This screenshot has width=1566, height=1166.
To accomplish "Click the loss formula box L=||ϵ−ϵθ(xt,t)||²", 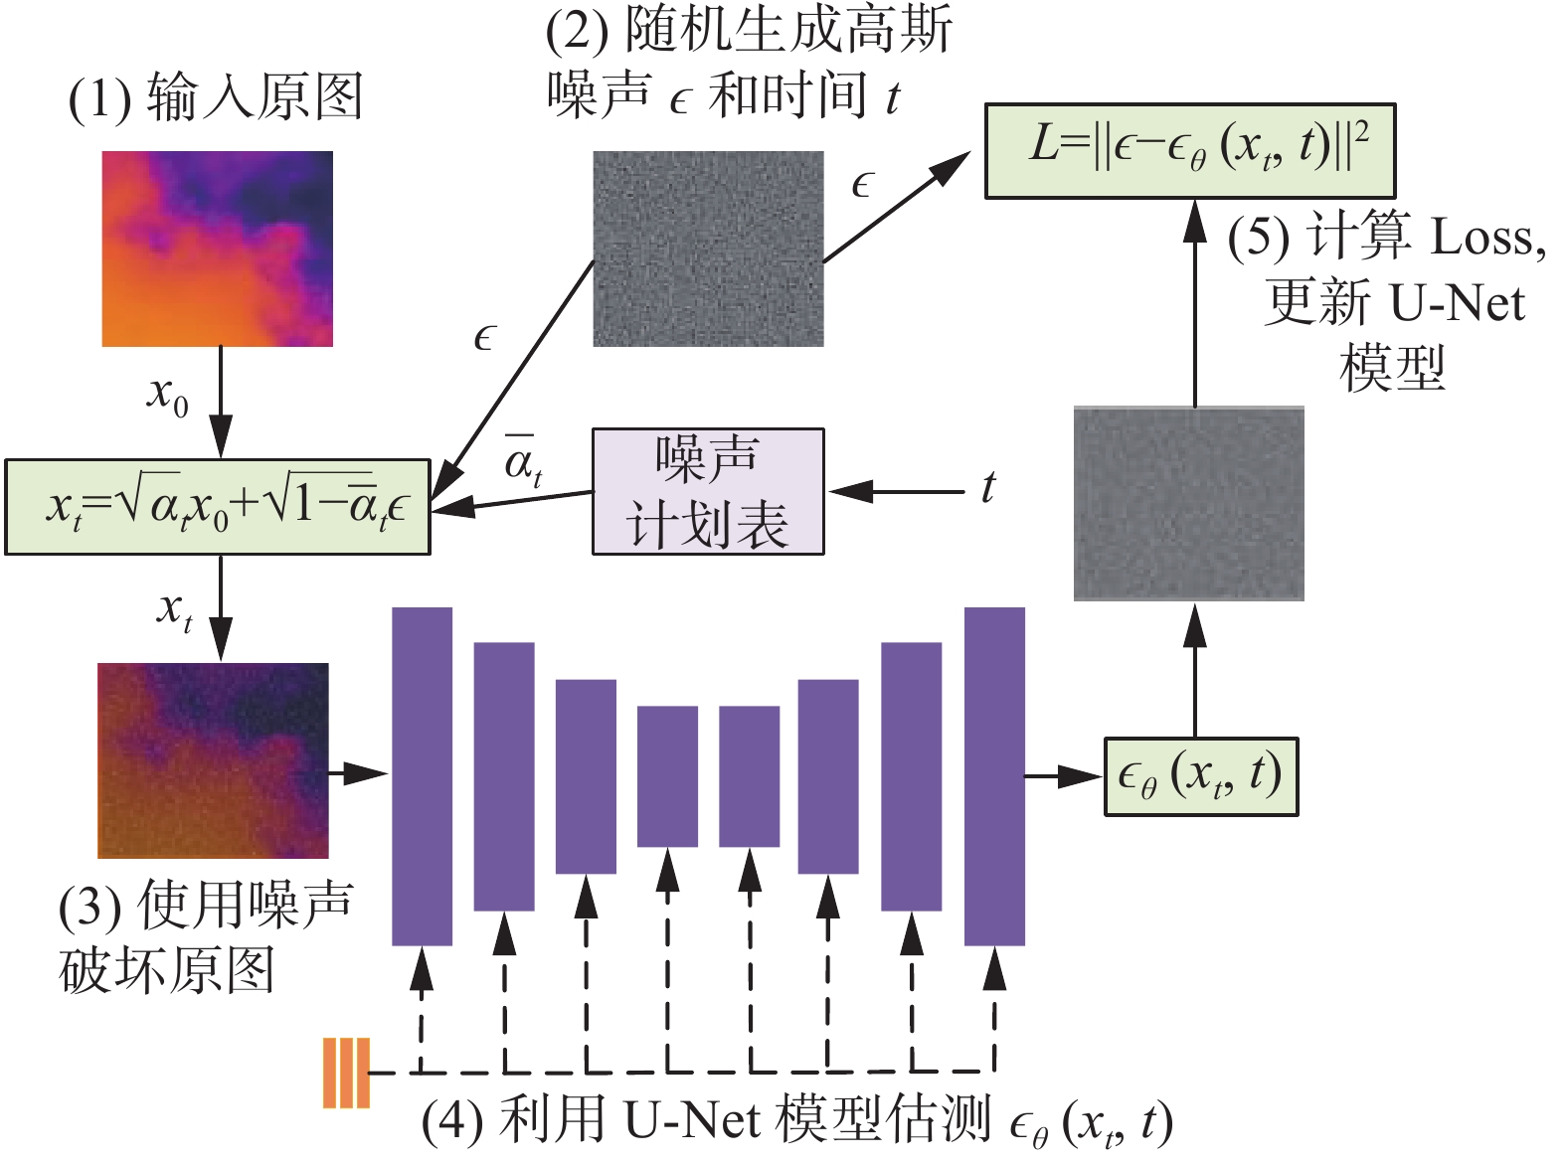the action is click(x=1189, y=150).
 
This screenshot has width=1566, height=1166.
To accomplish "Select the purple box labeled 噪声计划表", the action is click(x=708, y=491).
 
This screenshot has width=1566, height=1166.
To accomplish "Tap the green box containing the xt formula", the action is click(x=218, y=507).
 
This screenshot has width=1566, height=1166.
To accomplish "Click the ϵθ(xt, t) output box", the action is click(x=1201, y=776).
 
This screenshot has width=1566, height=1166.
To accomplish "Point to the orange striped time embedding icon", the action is click(x=346, y=1073).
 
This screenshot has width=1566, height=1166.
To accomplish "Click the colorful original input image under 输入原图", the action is click(x=218, y=249).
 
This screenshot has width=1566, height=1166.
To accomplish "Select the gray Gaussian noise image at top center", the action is click(x=708, y=249).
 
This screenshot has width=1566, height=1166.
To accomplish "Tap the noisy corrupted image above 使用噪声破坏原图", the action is click(x=213, y=760).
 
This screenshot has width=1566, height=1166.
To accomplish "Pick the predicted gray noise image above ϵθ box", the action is click(x=1188, y=503).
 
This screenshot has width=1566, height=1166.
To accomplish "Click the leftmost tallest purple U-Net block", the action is click(x=422, y=775).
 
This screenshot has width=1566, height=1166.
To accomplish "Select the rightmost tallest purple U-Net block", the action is click(x=994, y=775).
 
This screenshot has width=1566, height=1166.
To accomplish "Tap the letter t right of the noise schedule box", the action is click(x=987, y=488).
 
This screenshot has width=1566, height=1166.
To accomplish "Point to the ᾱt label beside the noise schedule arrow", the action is click(x=523, y=459).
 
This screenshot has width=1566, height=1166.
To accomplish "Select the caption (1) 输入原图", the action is click(x=215, y=98).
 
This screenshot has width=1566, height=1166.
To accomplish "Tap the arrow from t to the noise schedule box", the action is click(x=896, y=491).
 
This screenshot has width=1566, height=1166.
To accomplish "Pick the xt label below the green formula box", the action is click(x=175, y=608).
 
